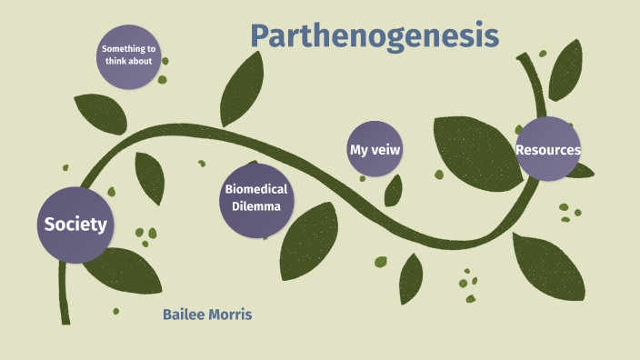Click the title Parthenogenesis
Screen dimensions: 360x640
click(x=375, y=35)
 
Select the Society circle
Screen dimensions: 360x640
click(x=76, y=225)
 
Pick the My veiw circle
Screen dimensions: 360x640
click(x=375, y=149)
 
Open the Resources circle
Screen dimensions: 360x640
click(x=548, y=149)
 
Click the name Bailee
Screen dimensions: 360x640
click(x=185, y=315)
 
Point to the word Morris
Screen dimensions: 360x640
click(x=231, y=315)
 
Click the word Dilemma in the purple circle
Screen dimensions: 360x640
click(x=255, y=206)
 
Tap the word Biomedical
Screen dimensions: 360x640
click(x=256, y=189)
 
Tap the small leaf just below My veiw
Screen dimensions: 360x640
click(x=394, y=190)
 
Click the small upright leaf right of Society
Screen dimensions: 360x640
click(x=149, y=176)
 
